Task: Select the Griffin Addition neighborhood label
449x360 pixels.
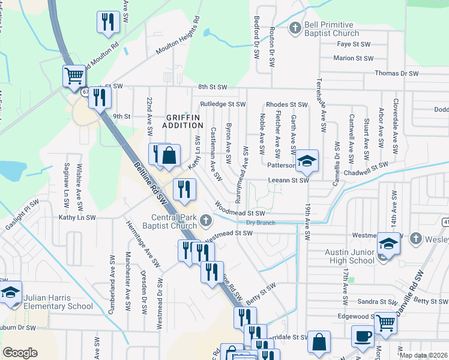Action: point(182,121)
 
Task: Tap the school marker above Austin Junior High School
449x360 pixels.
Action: point(388,244)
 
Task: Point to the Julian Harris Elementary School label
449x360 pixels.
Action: point(59,302)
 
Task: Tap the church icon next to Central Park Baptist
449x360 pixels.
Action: point(206,220)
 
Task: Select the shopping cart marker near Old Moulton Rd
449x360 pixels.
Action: point(73,76)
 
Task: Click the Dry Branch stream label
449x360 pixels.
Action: point(260,223)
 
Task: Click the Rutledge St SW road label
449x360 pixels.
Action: point(223,104)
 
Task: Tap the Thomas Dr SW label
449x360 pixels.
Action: point(396,73)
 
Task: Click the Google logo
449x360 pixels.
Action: point(20,353)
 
